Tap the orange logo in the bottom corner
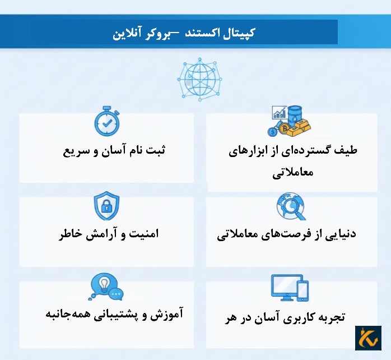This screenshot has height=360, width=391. click(x=368, y=338)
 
